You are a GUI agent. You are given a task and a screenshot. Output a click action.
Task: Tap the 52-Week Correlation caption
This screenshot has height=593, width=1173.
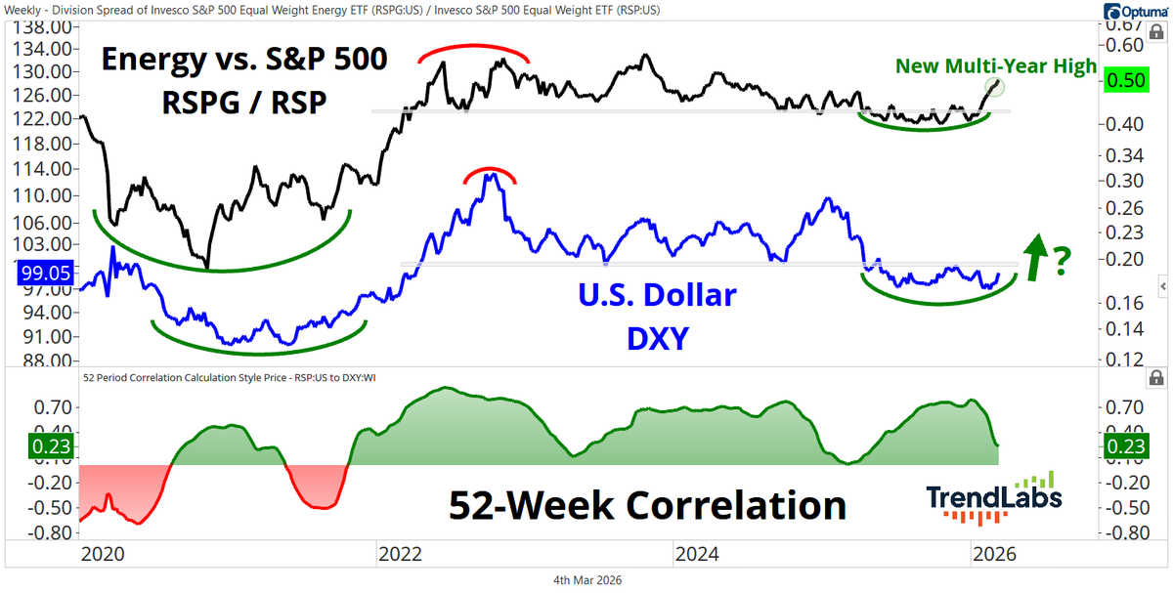647,505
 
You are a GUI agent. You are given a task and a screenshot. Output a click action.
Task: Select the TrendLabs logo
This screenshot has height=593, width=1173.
993,496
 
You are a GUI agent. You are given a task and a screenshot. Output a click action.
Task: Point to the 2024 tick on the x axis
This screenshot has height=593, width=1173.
696,554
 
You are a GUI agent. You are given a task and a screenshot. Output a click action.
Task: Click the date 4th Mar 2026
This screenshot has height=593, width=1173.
587,580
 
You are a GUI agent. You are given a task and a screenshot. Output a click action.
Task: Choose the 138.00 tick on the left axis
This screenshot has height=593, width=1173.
39,25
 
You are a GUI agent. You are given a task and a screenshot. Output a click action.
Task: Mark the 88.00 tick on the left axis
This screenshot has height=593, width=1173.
39,360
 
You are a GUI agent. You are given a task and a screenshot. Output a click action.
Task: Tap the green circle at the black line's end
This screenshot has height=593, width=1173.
996,86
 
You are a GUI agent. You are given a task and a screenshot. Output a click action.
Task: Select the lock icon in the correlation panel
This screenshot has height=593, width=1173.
1156,378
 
